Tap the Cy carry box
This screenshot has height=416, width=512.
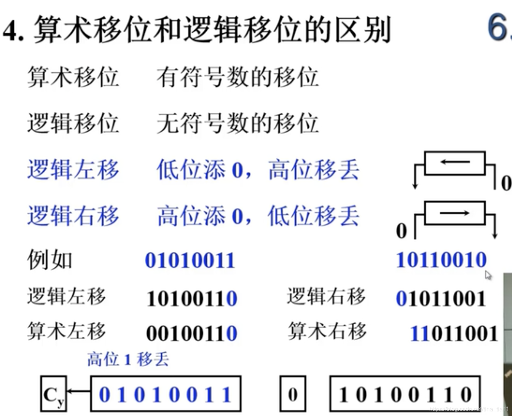click(x=53, y=394)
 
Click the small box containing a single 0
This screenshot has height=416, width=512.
click(x=293, y=394)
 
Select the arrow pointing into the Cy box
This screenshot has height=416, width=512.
click(x=78, y=391)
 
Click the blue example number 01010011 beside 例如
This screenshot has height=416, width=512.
click(x=190, y=260)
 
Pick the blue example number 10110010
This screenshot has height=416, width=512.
click(x=441, y=260)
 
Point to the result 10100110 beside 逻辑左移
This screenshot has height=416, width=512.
click(x=191, y=298)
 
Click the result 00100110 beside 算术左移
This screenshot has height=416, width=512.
click(x=191, y=333)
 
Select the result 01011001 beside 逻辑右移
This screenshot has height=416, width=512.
click(x=441, y=298)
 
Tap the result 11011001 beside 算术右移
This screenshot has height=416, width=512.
click(x=454, y=333)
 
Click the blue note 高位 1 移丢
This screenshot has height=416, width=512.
click(x=128, y=359)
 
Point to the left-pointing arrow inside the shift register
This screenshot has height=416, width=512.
click(x=455, y=162)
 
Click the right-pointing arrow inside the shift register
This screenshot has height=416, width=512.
click(x=455, y=213)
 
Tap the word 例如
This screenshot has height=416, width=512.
click(x=50, y=260)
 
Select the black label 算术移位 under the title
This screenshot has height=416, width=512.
click(x=73, y=77)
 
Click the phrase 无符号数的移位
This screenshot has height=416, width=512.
click(x=237, y=123)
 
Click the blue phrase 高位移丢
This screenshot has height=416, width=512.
click(x=314, y=170)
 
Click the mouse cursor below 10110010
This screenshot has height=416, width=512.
click(x=488, y=275)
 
